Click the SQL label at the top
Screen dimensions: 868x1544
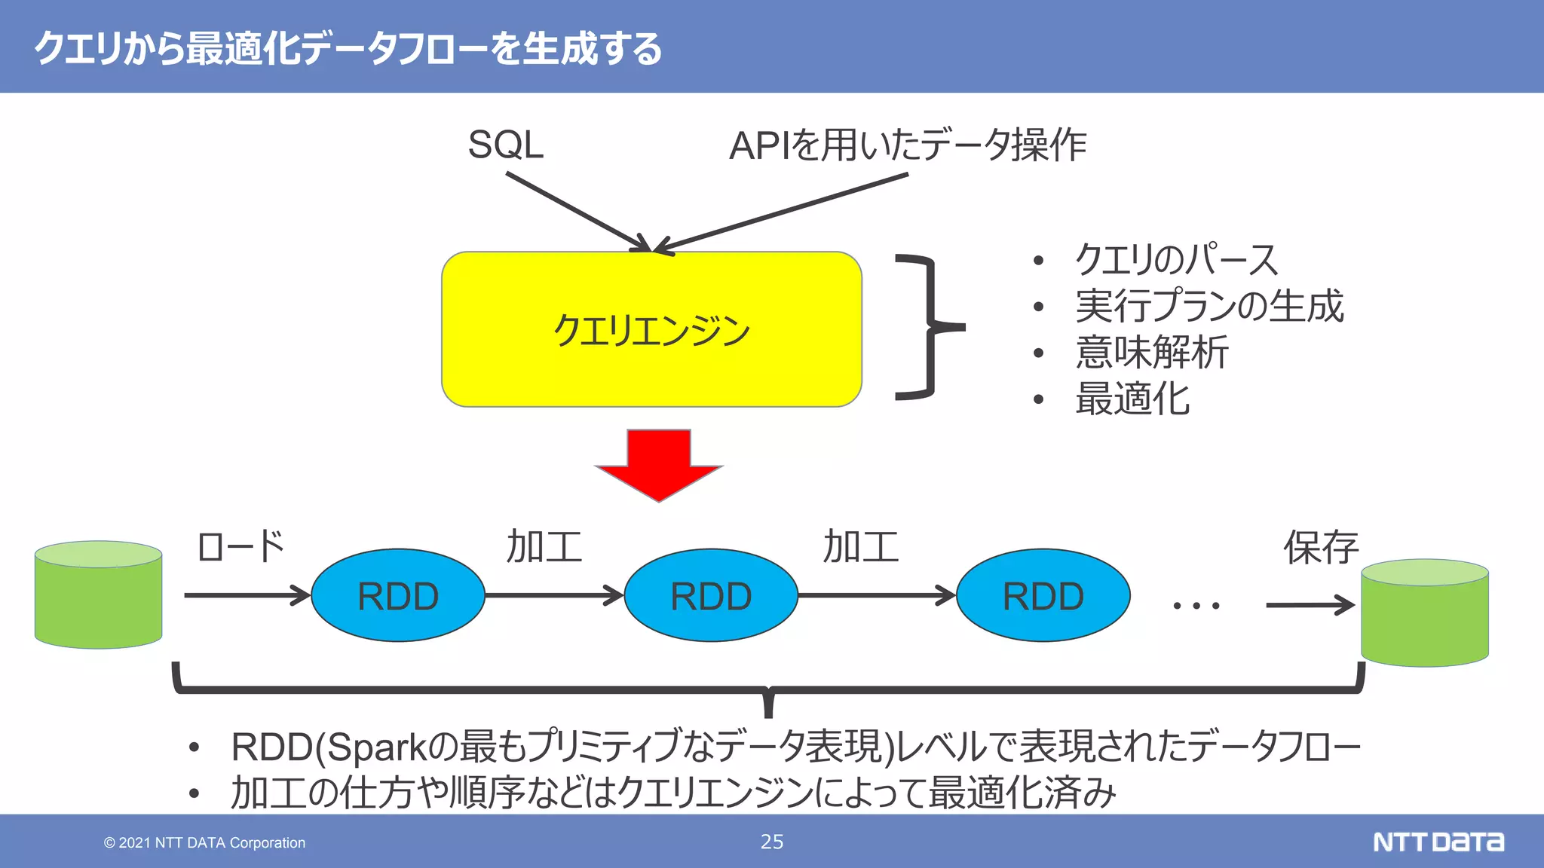[x=505, y=145]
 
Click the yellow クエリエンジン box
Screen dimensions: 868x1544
[x=651, y=329]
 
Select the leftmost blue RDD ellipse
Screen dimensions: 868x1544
[x=397, y=595]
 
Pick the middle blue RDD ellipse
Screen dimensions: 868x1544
[x=711, y=595]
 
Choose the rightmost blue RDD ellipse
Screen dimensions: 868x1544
[x=1043, y=595]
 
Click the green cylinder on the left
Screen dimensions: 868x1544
[x=98, y=595]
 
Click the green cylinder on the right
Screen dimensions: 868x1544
[x=1424, y=613]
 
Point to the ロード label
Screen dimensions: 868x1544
[x=240, y=547]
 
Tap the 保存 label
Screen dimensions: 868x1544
[x=1321, y=547]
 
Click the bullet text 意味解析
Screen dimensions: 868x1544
[x=1151, y=353]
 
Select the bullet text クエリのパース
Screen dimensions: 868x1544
[x=1176, y=260]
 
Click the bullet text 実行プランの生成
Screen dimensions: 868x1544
[x=1209, y=306]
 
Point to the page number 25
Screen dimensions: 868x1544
[x=771, y=842]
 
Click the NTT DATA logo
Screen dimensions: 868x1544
[x=1438, y=842]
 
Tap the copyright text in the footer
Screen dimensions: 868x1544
[x=204, y=842]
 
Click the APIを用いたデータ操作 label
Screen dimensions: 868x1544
[x=907, y=145]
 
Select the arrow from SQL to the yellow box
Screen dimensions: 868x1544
[x=577, y=212]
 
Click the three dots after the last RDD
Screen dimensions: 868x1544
[x=1196, y=605]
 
